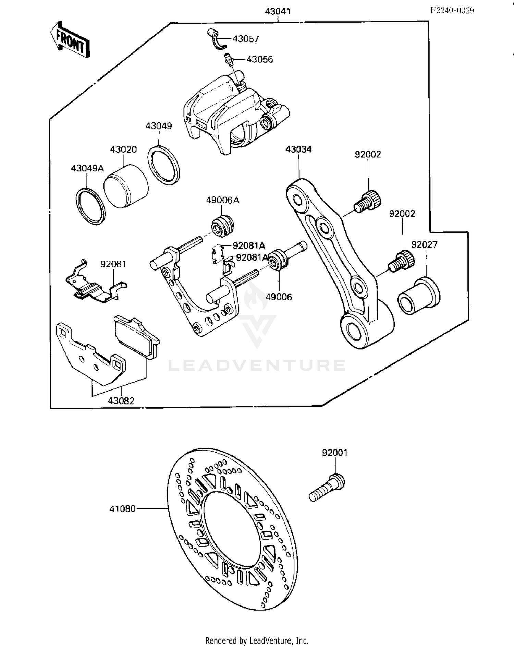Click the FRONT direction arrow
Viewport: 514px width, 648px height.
[70, 40]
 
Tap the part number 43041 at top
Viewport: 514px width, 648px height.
[278, 11]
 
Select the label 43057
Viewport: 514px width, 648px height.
[246, 39]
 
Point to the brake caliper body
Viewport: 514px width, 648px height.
[233, 113]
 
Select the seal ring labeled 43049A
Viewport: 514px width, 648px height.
[90, 206]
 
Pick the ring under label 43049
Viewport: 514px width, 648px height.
[164, 163]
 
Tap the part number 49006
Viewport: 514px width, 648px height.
[279, 297]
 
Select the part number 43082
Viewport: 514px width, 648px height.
[121, 400]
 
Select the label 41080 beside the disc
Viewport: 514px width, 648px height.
[122, 509]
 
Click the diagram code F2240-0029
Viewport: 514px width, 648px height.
[452, 10]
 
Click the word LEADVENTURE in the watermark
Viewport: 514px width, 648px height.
[257, 365]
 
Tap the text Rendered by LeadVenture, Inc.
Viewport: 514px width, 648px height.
[257, 640]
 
